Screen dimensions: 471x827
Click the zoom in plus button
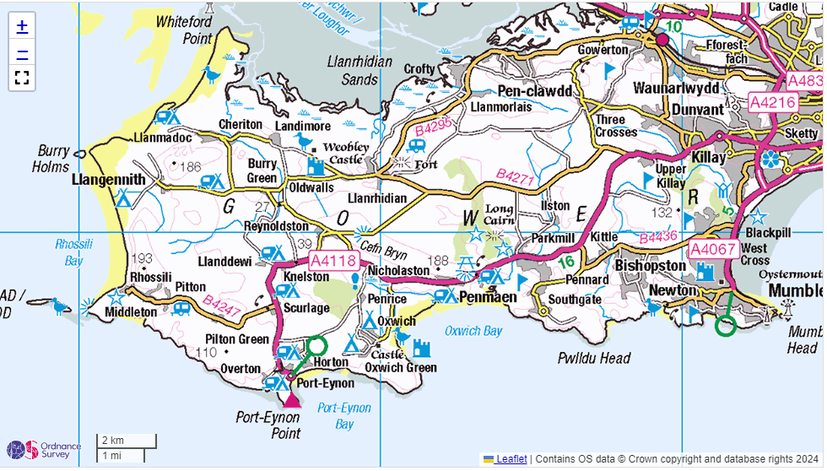coord(22,26)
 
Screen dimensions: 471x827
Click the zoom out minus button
coord(22,52)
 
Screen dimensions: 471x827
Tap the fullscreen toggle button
coord(22,78)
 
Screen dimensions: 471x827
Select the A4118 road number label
coord(333,261)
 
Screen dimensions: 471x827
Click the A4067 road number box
coord(714,250)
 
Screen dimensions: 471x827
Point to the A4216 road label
coord(772,103)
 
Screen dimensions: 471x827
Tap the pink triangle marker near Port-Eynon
coord(292,398)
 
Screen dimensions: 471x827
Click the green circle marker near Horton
coord(316,345)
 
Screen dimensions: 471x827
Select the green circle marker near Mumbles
coord(725,326)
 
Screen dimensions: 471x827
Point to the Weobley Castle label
coord(347,153)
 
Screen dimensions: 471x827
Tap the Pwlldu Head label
coord(594,359)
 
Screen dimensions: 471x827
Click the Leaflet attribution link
coord(511,459)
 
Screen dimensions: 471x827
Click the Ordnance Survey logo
coord(34,450)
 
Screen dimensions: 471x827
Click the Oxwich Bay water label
coord(473,331)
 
